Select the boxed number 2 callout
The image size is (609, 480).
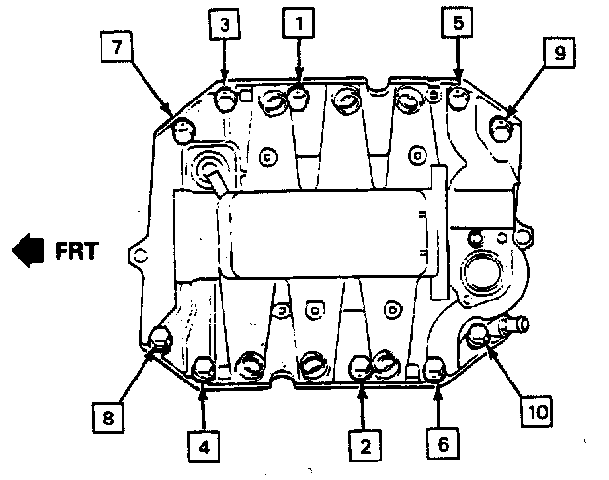363,446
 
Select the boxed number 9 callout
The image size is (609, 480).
559,55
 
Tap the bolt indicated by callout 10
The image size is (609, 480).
478,337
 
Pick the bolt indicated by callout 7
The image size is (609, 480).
182,127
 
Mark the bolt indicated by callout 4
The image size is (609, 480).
205,369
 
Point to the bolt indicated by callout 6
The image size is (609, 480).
437,370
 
